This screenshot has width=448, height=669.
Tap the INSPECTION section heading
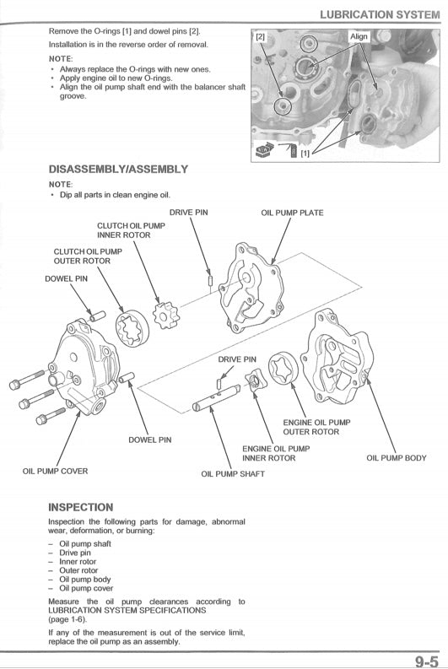coord(81,507)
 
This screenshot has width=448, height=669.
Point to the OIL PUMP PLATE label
coord(293,213)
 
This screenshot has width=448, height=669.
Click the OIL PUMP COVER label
coord(55,471)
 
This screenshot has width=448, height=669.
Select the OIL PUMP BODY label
coord(397,458)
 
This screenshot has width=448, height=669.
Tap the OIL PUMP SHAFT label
coord(233,474)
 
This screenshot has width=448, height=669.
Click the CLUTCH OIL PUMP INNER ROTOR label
coord(124,230)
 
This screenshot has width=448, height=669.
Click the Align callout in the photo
coord(359,37)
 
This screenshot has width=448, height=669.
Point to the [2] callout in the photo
coord(260,37)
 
